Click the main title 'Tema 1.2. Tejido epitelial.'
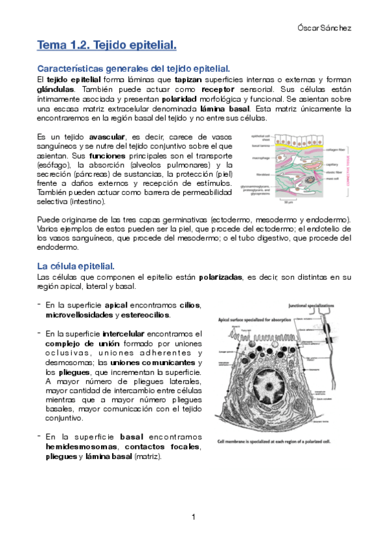coord(107,45)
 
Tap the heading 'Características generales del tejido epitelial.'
coord(134,68)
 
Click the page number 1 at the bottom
coord(194,516)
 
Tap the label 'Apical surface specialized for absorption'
coord(257,319)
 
